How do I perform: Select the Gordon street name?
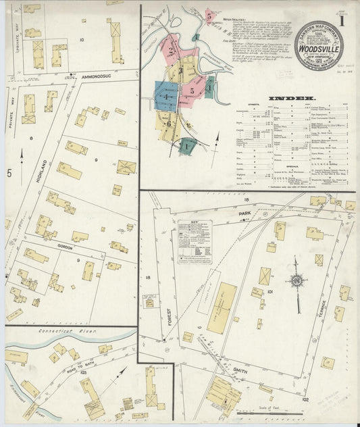pyautogui.click(x=65, y=247)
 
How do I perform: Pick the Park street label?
pyautogui.click(x=244, y=213)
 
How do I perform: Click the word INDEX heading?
pyautogui.click(x=286, y=98)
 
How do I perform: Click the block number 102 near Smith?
pyautogui.click(x=305, y=399)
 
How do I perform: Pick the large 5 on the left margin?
pyautogui.click(x=9, y=174)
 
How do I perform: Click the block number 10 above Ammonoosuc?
pyautogui.click(x=82, y=40)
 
